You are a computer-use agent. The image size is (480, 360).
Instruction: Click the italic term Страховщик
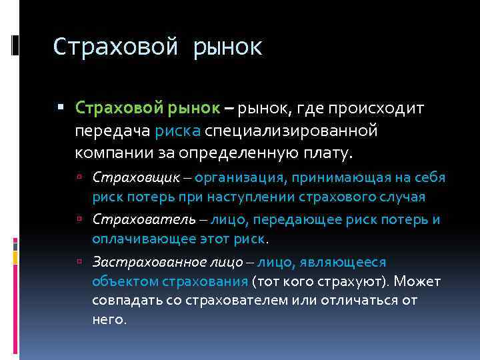click(x=136, y=177)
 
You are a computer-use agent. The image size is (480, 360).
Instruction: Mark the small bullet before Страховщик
click(x=79, y=178)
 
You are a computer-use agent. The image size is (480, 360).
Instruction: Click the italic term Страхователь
click(x=144, y=219)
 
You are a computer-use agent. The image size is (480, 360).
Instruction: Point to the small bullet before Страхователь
click(x=79, y=220)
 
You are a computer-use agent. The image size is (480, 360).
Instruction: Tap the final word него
click(x=109, y=319)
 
